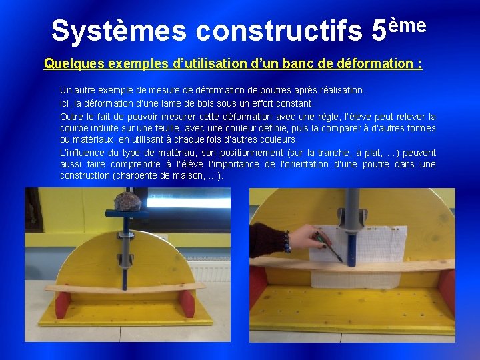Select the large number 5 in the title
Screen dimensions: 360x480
(378, 30)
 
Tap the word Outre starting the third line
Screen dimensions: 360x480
(71, 117)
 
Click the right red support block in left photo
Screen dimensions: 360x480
(187, 304)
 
